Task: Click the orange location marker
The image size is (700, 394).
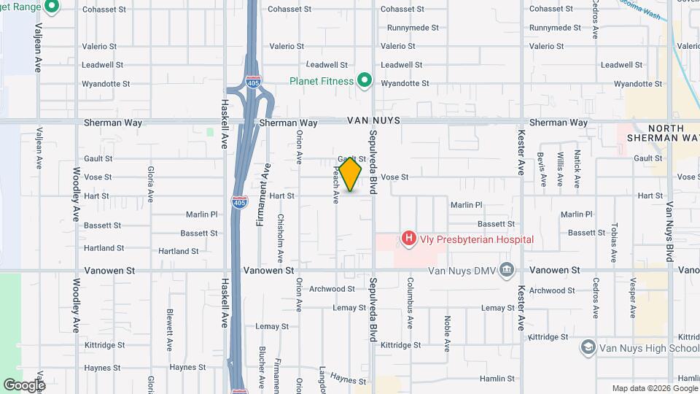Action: pyautogui.click(x=351, y=173)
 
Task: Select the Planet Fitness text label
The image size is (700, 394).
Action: pyautogui.click(x=321, y=81)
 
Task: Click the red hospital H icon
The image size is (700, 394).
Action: pyautogui.click(x=408, y=239)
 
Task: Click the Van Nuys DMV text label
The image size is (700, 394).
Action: pyautogui.click(x=463, y=271)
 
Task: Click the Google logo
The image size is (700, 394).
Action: pyautogui.click(x=24, y=385)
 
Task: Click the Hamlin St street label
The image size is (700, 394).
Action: pyautogui.click(x=497, y=379)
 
